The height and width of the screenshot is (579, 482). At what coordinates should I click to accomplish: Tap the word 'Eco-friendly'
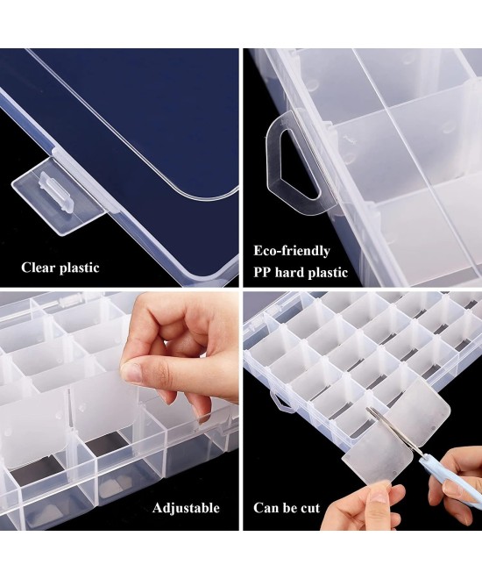[291, 249]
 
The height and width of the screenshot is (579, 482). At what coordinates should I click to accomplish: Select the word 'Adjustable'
[186, 508]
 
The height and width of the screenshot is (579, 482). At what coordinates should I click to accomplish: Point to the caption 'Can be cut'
[286, 508]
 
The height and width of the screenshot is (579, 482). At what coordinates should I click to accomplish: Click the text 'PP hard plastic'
[301, 273]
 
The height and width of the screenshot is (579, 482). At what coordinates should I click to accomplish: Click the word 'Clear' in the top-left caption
[40, 268]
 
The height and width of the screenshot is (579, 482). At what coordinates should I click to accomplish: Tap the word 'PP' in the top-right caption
[264, 273]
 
